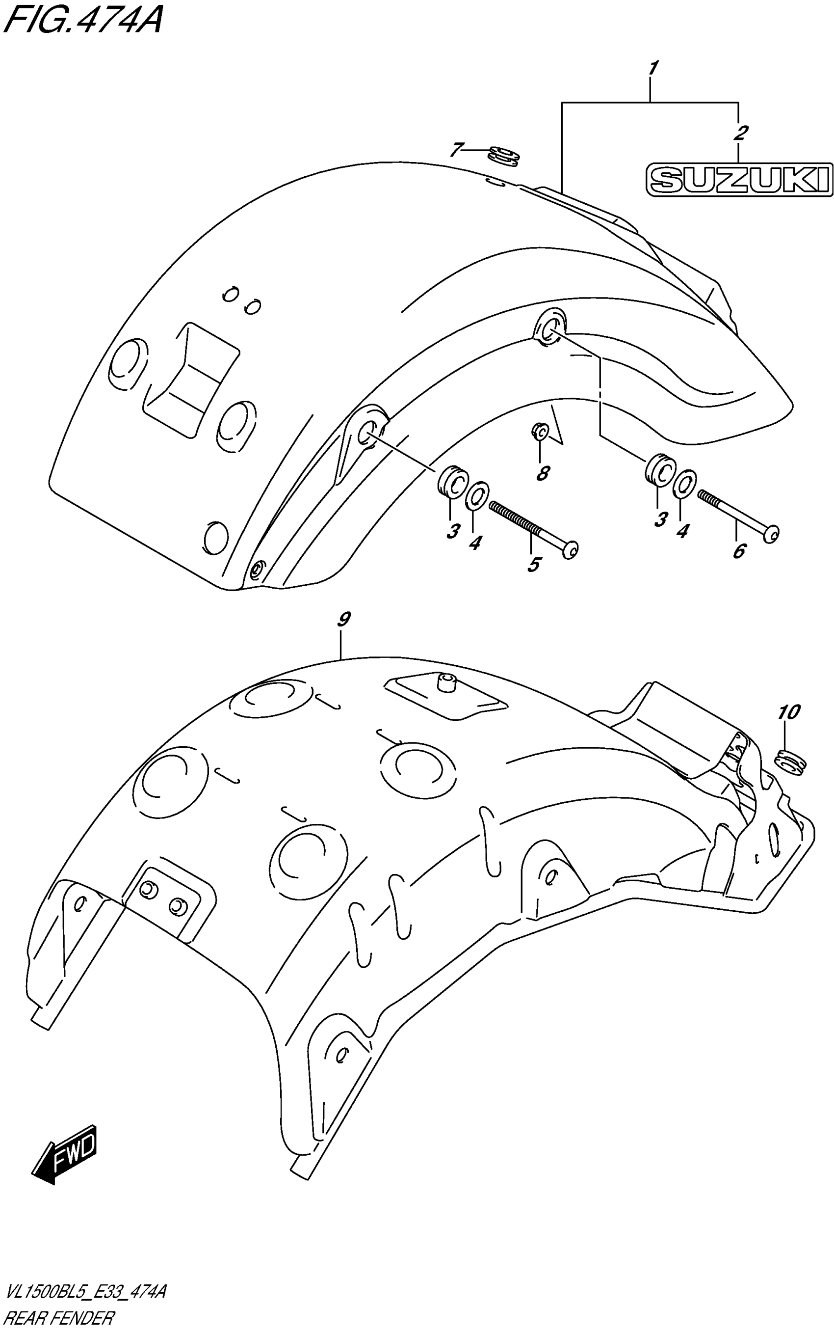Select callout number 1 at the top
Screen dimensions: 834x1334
point(652,69)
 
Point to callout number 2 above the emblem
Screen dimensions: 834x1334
point(740,133)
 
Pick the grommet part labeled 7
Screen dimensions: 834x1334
point(504,156)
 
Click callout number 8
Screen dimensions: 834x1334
point(543,473)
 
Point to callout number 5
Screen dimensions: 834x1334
point(533,564)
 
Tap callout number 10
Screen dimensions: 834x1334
point(789,712)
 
